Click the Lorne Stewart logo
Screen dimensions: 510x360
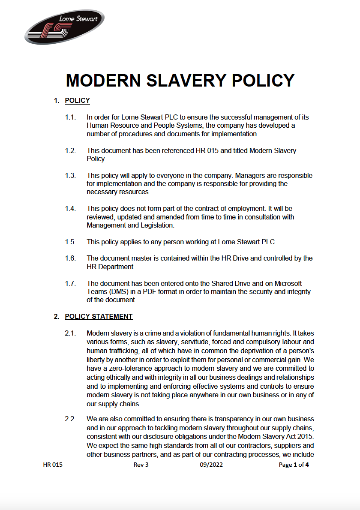pyautogui.click(x=64, y=27)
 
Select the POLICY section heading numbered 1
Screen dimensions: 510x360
pyautogui.click(x=77, y=101)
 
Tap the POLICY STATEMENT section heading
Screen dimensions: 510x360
pyautogui.click(x=99, y=317)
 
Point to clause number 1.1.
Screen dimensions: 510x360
pyautogui.click(x=70, y=117)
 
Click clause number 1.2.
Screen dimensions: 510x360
pyautogui.click(x=70, y=151)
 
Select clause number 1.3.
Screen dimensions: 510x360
pyautogui.click(x=70, y=176)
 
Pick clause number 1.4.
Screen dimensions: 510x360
pyautogui.click(x=70, y=209)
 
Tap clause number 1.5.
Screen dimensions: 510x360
pyautogui.click(x=70, y=242)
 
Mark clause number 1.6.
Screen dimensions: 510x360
pyautogui.click(x=70, y=258)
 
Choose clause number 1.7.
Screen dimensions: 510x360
pyautogui.click(x=70, y=284)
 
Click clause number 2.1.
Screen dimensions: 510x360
pyautogui.click(x=70, y=333)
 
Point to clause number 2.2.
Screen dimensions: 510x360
pyautogui.click(x=70, y=419)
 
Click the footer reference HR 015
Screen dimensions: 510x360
pyautogui.click(x=53, y=465)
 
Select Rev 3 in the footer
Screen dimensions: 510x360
pyautogui.click(x=141, y=465)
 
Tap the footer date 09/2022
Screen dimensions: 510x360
pyautogui.click(x=211, y=465)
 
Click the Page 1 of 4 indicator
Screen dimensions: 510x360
pyautogui.click(x=294, y=465)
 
